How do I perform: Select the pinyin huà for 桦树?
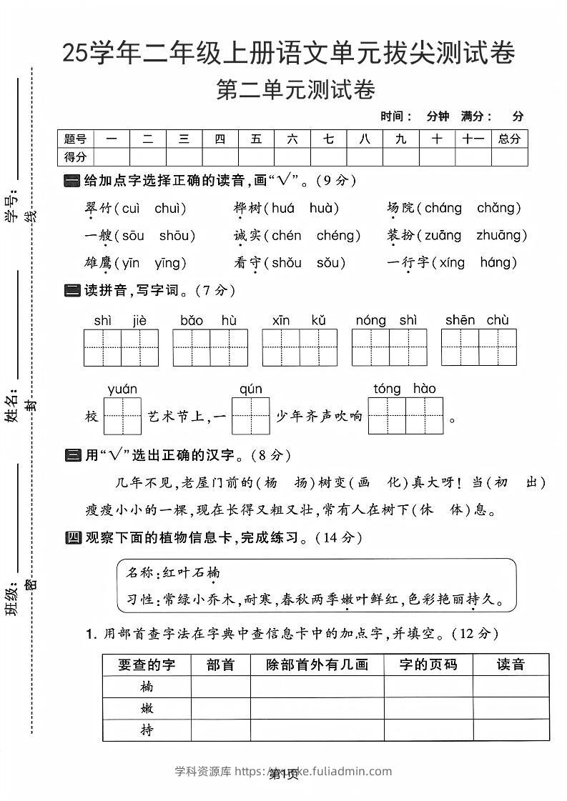pos(324,208)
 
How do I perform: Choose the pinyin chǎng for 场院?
pos(496,208)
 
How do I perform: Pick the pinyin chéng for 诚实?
pos(335,235)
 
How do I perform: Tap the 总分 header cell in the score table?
pos(509,139)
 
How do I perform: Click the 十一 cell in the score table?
pos(473,139)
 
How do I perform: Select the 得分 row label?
pos(75,156)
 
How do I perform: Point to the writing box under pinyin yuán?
pos(122,416)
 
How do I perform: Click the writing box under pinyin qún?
pos(250,416)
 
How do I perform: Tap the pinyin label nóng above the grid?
pos(370,320)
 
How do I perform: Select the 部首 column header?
pos(220,665)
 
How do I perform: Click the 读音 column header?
pos(511,665)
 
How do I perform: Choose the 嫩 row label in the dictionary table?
pos(147,709)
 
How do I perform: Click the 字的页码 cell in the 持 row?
pos(428,730)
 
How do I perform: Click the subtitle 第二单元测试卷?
pos(295,91)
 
